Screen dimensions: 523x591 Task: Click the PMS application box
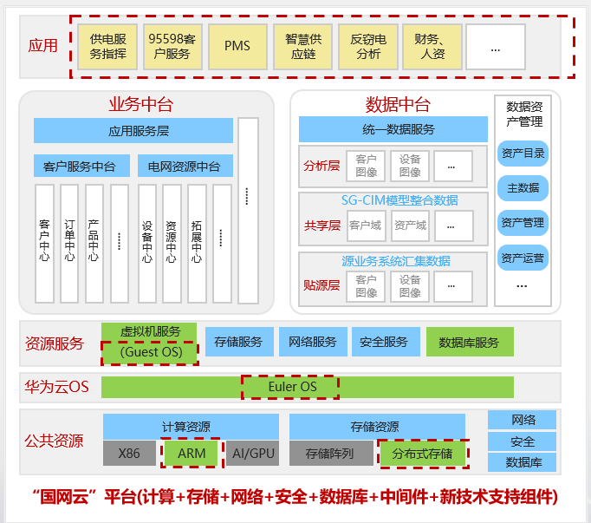click(237, 46)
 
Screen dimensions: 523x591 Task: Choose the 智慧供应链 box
click(303, 46)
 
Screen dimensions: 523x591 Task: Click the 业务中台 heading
click(140, 105)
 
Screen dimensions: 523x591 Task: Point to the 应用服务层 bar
click(133, 131)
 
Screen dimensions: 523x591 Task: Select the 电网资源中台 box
click(185, 166)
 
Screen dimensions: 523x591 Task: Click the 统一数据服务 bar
click(393, 130)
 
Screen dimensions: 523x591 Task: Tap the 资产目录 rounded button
click(523, 154)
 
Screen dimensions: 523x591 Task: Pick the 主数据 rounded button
click(523, 188)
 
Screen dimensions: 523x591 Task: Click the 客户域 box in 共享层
click(365, 226)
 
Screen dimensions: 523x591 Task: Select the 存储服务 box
click(238, 342)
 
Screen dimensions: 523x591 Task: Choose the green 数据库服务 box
click(469, 343)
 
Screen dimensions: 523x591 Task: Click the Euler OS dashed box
click(290, 386)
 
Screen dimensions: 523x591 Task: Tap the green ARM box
click(191, 453)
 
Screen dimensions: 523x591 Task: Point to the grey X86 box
click(128, 453)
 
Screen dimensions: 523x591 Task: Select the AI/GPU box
click(252, 453)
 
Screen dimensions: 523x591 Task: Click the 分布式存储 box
click(423, 453)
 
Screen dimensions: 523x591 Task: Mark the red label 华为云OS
click(56, 387)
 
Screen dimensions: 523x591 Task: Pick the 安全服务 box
click(384, 342)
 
